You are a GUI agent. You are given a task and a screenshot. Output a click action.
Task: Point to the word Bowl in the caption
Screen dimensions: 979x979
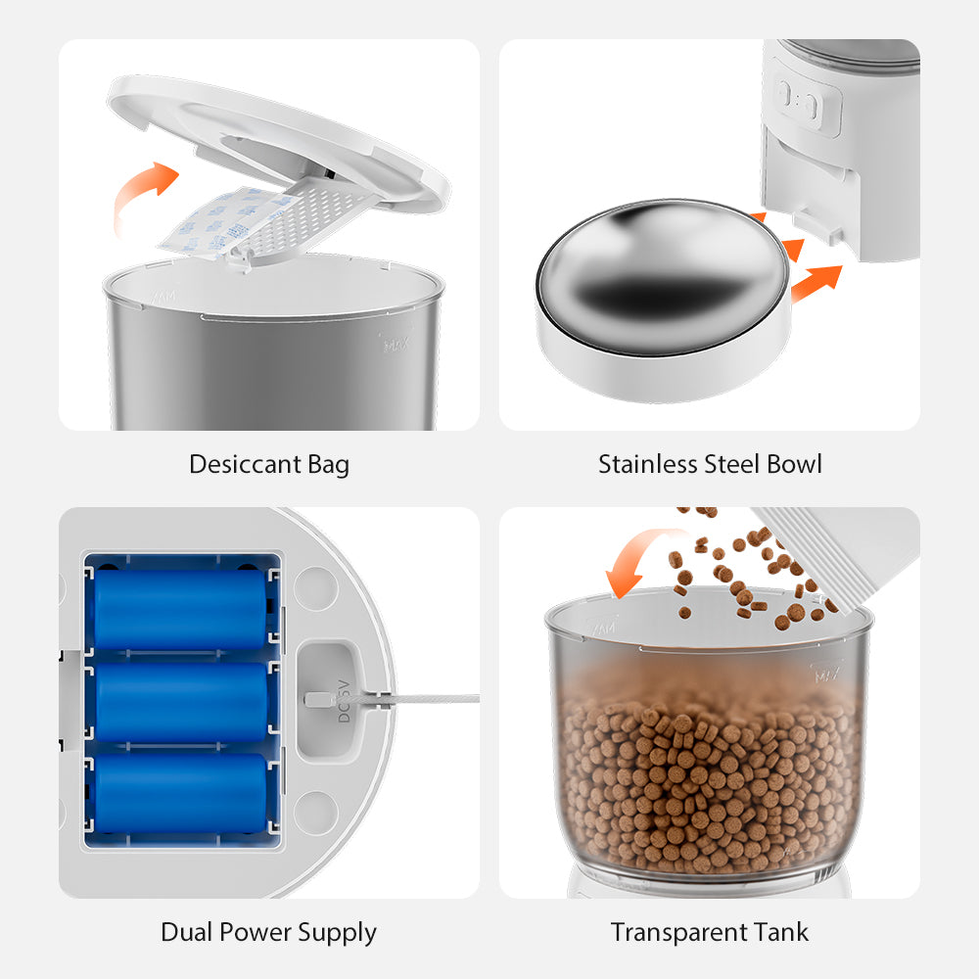(794, 464)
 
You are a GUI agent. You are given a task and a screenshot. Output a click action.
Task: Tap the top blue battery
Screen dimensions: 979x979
(181, 609)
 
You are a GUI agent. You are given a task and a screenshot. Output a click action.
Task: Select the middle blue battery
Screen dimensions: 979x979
(181, 701)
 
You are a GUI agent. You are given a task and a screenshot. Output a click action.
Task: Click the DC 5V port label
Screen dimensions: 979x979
(344, 701)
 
